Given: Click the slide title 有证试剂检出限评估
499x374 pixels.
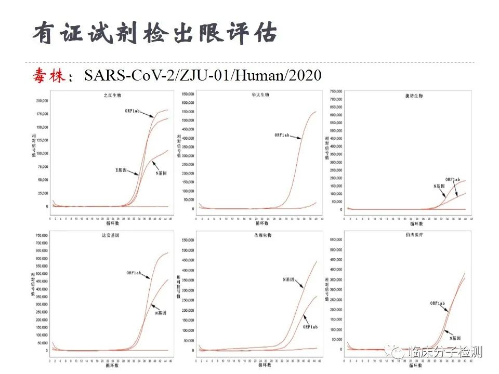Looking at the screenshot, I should pyautogui.click(x=154, y=34).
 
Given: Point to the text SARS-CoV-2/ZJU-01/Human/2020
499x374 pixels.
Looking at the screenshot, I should pyautogui.click(x=203, y=76).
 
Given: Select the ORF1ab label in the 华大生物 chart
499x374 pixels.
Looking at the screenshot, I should pyautogui.click(x=284, y=136).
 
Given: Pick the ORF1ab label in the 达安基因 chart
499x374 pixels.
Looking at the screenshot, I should pyautogui.click(x=135, y=273).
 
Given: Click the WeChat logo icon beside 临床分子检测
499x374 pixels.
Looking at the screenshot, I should pyautogui.click(x=398, y=353).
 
